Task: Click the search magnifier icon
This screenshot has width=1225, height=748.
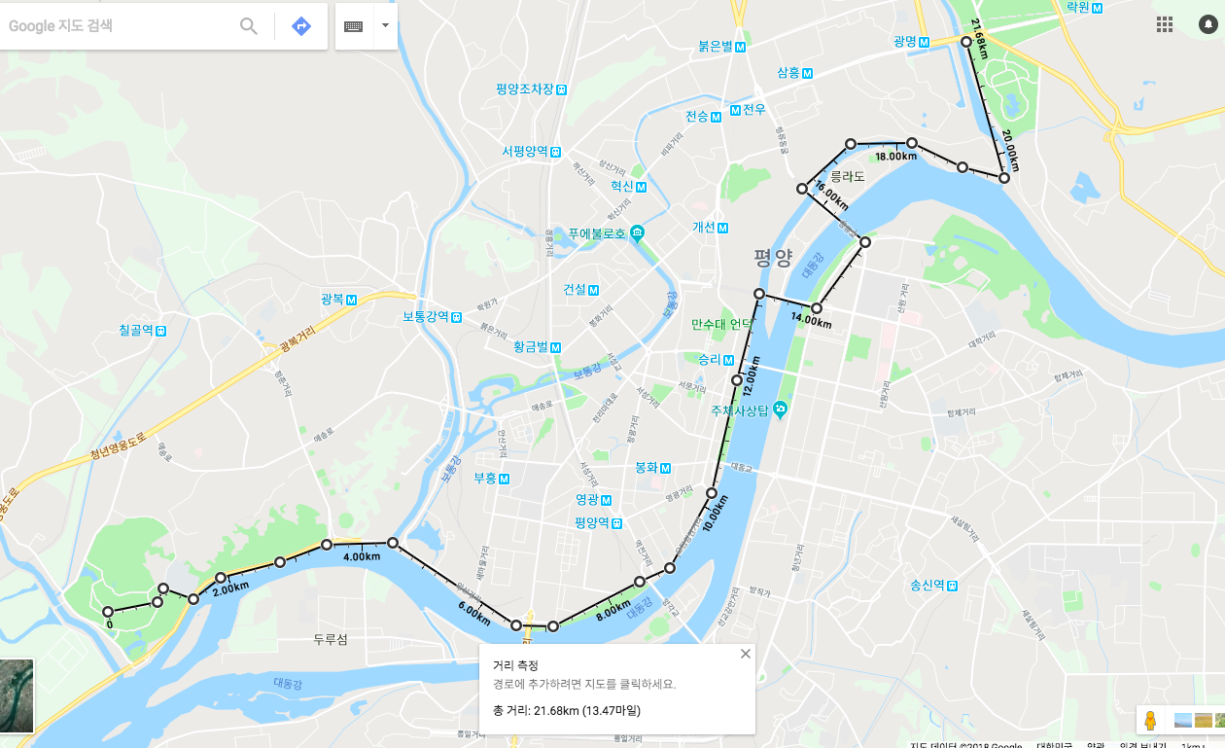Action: tap(249, 26)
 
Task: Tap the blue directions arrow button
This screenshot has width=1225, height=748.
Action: tap(301, 26)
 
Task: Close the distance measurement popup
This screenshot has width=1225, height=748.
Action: tap(746, 654)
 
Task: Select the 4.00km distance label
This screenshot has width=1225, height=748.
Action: tap(362, 557)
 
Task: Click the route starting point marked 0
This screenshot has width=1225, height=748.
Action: tap(108, 613)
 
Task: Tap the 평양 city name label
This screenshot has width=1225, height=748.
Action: tap(773, 259)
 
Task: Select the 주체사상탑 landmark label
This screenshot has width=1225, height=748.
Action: tap(739, 410)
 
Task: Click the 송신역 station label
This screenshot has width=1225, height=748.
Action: tap(927, 585)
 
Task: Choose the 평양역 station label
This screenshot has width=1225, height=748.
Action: tap(590, 522)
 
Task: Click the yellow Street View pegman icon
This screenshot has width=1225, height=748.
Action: tap(1150, 721)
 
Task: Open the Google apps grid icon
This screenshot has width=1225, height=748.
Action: tap(1164, 24)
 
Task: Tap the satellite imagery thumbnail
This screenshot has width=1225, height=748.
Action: tap(17, 695)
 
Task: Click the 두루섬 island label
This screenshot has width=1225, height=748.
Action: tap(331, 640)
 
